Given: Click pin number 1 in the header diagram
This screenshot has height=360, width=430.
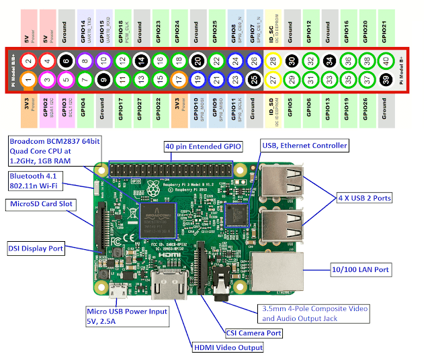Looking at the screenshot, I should point(28,80).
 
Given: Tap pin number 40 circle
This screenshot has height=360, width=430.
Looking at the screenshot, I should point(386,60).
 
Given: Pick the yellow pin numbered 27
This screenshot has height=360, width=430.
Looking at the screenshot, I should point(273,80).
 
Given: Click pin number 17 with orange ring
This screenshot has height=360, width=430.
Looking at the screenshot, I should point(179,80).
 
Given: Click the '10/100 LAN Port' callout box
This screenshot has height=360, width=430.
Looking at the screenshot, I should point(361,269).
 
